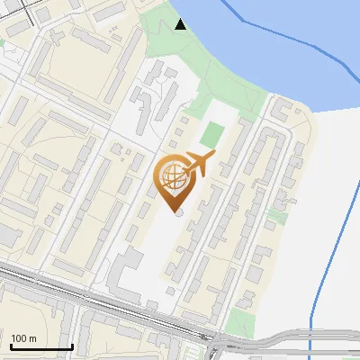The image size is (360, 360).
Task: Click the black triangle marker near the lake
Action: (x=181, y=24)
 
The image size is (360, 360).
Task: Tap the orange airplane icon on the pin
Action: (x=199, y=164)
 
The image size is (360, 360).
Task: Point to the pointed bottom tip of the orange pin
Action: (x=174, y=211)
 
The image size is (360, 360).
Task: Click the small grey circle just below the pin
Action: (x=178, y=212)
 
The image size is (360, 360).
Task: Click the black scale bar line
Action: (x=41, y=346)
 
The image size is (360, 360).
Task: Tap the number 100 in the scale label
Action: (x=18, y=338)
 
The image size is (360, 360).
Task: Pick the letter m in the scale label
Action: (x=32, y=338)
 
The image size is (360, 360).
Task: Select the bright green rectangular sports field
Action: (x=211, y=135)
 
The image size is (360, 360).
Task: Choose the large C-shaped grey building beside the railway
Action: (x=126, y=270)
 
